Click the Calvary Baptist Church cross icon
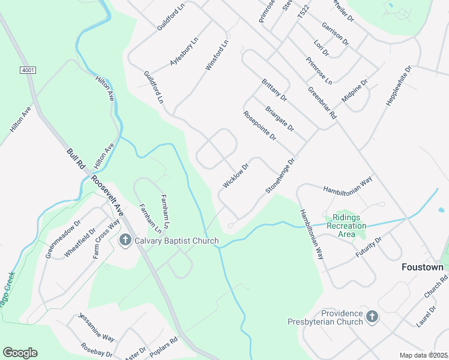point(125,241)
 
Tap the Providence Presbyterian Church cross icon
point(372,316)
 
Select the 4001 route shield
point(28,70)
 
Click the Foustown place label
point(422,267)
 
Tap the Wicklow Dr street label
point(235,176)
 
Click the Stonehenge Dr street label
point(281,176)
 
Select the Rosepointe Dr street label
point(259,126)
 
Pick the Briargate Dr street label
point(280,118)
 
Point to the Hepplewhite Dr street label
point(397,86)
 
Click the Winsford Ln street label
point(217,56)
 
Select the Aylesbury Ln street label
point(184,52)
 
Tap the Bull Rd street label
point(76,157)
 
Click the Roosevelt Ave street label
point(107,195)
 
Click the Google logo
point(20,353)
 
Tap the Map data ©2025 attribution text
point(423,355)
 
